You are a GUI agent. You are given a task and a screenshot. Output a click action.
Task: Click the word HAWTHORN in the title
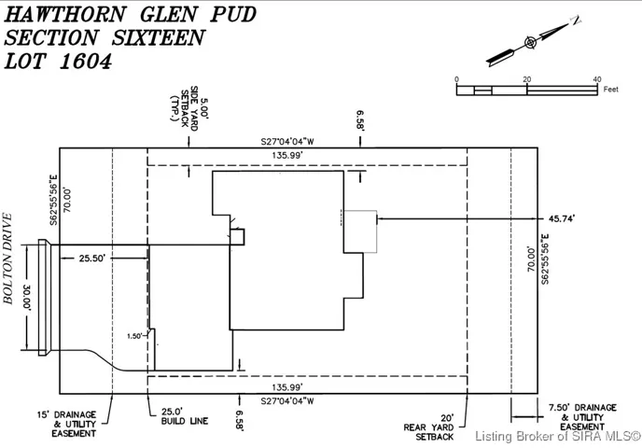(65, 14)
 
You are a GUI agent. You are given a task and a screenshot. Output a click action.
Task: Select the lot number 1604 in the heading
(86, 62)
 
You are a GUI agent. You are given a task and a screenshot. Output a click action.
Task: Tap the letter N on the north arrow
(576, 20)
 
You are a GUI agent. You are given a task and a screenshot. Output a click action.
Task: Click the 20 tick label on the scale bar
(526, 79)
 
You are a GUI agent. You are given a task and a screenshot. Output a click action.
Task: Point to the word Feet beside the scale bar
(610, 89)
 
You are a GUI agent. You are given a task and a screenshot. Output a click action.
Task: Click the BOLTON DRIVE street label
(8, 259)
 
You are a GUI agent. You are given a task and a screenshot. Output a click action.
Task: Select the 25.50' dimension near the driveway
(92, 259)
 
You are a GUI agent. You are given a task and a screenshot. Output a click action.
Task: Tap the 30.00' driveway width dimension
(27, 298)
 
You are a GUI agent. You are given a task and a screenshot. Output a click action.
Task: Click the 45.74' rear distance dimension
(562, 218)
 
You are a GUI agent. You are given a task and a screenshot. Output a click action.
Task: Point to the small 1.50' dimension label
(134, 336)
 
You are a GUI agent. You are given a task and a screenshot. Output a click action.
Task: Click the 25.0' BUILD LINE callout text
(184, 416)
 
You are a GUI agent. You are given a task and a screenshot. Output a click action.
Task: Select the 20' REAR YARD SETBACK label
(428, 427)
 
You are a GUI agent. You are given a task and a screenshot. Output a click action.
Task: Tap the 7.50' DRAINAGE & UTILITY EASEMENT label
(582, 417)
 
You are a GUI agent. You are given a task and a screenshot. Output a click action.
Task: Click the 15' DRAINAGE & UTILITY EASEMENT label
(67, 424)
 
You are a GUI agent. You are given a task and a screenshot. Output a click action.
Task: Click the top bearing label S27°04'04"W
(287, 142)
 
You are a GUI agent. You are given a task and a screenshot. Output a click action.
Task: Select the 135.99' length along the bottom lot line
(287, 387)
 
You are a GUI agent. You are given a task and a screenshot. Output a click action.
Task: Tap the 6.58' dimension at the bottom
(240, 420)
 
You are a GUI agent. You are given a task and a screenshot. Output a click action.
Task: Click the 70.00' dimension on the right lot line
(531, 259)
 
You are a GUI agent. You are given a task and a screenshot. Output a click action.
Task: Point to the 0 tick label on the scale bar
(456, 79)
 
